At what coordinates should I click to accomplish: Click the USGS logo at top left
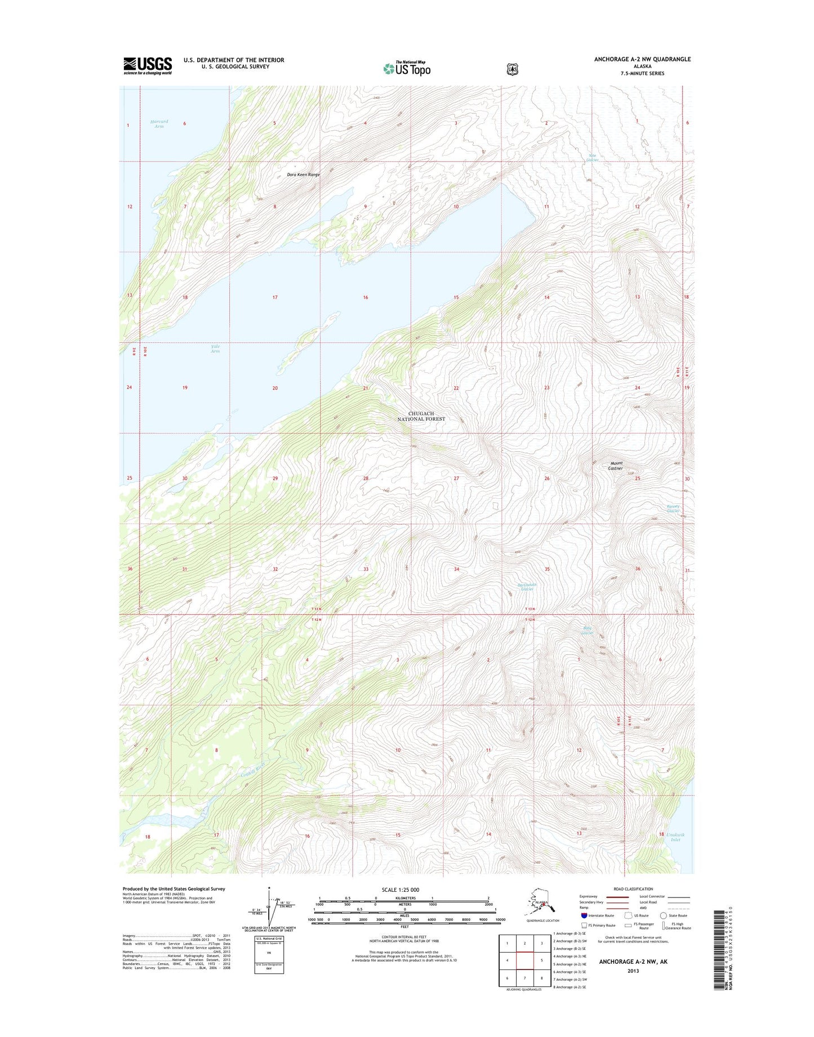148,65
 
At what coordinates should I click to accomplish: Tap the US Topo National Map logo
407,68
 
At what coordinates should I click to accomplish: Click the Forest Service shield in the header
512,69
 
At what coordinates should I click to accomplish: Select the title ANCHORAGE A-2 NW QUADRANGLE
642,59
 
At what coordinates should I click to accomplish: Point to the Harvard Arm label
159,124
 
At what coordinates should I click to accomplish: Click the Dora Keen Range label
303,175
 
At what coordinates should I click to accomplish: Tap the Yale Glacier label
592,158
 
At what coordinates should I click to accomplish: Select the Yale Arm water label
215,348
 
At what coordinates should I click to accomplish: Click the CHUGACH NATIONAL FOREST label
421,416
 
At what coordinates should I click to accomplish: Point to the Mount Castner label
616,466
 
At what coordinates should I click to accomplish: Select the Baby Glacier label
588,631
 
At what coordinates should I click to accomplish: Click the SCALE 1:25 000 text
400,890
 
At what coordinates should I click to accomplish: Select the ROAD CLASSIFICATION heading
634,889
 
